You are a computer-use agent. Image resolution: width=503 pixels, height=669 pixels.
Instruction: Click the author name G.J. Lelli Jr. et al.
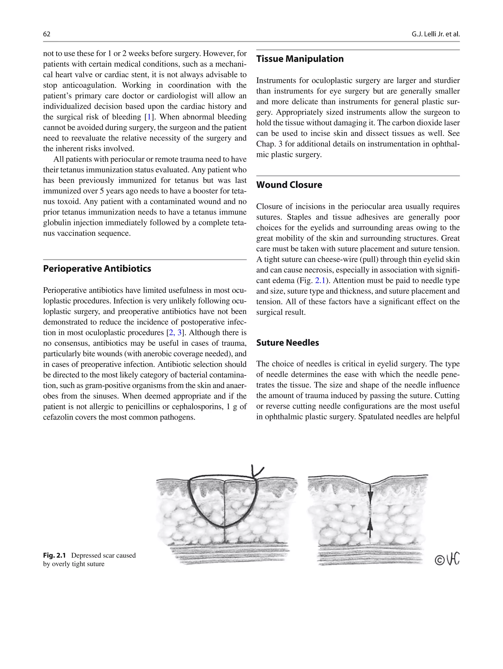click(x=435, y=34)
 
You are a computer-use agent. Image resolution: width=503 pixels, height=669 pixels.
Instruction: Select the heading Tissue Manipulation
click(x=300, y=59)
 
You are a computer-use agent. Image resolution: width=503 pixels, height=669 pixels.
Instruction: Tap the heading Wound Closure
click(x=289, y=185)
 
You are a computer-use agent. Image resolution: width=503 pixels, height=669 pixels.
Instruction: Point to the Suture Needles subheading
click(x=287, y=343)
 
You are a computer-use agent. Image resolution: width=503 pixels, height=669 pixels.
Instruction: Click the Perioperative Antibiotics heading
click(x=97, y=268)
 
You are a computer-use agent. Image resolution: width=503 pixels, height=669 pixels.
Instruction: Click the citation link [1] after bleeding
click(x=149, y=117)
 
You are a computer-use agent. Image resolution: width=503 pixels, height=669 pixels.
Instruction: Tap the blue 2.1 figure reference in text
click(x=320, y=281)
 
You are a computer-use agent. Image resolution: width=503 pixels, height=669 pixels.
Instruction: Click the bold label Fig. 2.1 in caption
click(x=54, y=555)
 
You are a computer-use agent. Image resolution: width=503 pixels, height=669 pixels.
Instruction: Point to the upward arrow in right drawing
click(x=370, y=527)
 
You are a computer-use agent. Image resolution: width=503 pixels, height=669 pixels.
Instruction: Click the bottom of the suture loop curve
click(x=224, y=527)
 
